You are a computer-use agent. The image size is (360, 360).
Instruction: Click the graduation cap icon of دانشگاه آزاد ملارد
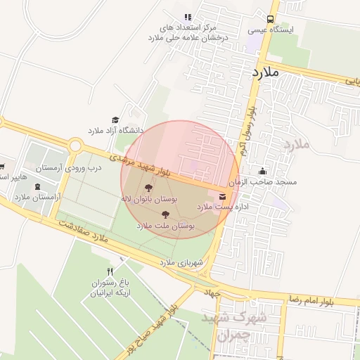pos(115,120)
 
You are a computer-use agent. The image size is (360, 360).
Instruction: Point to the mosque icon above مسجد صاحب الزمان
pos(263,171)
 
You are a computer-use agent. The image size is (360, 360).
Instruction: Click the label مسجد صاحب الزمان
pos(266,182)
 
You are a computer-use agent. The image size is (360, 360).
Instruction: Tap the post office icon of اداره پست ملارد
pos(222,195)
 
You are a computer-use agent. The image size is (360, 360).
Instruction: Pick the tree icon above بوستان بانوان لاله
pos(148,188)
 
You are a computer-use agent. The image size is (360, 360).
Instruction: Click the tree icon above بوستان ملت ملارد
pos(165,214)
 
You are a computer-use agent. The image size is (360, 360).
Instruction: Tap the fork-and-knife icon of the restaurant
pos(109,271)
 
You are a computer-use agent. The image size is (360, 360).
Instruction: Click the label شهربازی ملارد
pos(181,262)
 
